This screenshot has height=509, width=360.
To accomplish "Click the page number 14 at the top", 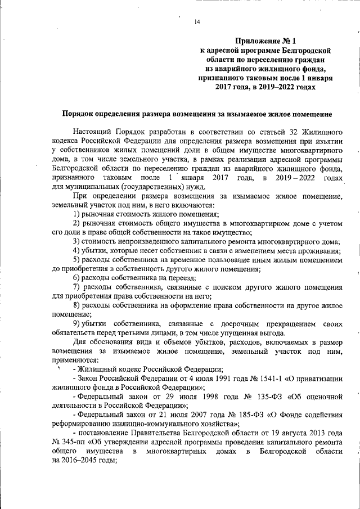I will [x=197, y=22].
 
